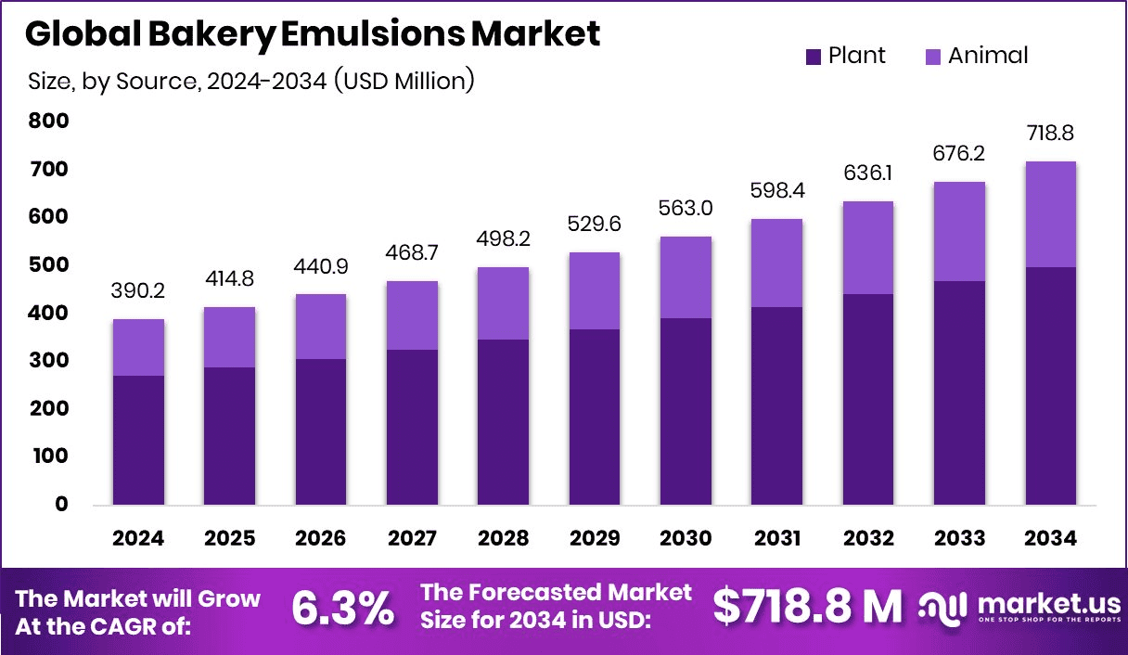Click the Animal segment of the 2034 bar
pos(1050,214)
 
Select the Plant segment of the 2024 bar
pos(138,440)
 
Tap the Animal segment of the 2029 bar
pos(595,290)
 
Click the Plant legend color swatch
pos(814,57)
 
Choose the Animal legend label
pos(988,56)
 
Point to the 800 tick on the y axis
pos(48,121)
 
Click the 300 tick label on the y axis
pos(48,360)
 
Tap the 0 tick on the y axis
pos(61,504)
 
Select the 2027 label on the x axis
pos(412,539)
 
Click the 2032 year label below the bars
pos(868,539)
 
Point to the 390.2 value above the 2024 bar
pos(139,291)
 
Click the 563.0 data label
pos(686,209)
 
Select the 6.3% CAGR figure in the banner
pos(342,609)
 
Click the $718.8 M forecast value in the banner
pos(807,608)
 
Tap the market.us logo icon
pos(942,609)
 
